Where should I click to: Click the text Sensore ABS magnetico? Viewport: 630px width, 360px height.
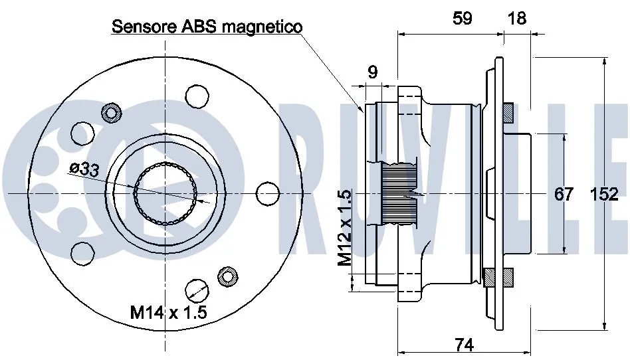[x=207, y=27]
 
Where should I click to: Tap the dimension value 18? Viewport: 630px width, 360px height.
[x=516, y=18]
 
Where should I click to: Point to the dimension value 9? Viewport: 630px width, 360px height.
[x=372, y=72]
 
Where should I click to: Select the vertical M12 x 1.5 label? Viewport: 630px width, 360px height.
[x=344, y=228]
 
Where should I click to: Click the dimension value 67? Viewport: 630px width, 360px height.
[x=564, y=194]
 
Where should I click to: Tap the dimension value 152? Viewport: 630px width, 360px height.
[x=604, y=194]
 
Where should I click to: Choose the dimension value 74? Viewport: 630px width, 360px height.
[x=464, y=344]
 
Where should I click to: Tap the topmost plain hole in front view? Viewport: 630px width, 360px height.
[x=196, y=96]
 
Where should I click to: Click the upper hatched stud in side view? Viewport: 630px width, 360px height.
[x=508, y=112]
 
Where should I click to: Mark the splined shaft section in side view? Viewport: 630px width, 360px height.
[x=399, y=193]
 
